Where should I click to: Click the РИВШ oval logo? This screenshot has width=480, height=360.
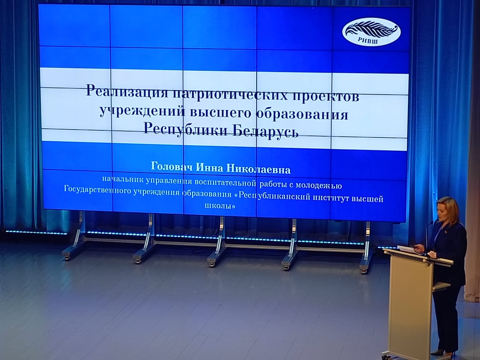click(x=371, y=32)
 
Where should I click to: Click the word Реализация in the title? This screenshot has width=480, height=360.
click(x=127, y=91)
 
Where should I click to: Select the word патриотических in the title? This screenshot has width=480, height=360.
click(x=229, y=94)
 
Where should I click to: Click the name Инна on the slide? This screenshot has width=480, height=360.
click(x=210, y=168)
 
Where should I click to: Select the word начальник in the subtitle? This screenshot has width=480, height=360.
click(x=123, y=179)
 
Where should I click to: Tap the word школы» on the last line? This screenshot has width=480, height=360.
click(x=220, y=205)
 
